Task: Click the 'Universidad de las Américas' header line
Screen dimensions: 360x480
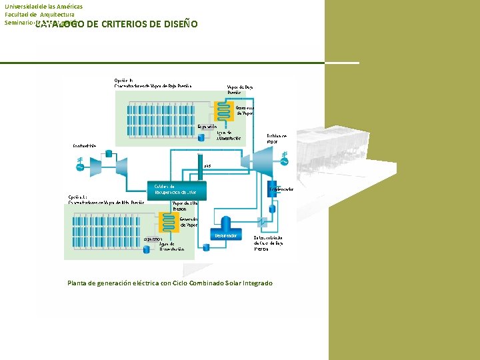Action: coord(43,6)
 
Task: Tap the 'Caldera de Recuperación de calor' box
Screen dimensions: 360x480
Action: coord(176,190)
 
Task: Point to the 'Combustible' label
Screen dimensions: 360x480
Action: coord(85,146)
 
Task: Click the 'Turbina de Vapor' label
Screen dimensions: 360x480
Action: coord(276,138)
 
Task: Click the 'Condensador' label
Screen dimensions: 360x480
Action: coord(281,189)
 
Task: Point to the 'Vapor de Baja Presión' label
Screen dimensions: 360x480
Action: coord(240,89)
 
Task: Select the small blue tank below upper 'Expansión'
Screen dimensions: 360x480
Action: coord(203,136)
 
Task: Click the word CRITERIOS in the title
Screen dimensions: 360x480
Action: coord(126,24)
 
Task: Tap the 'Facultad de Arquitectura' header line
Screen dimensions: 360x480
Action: coord(39,14)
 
